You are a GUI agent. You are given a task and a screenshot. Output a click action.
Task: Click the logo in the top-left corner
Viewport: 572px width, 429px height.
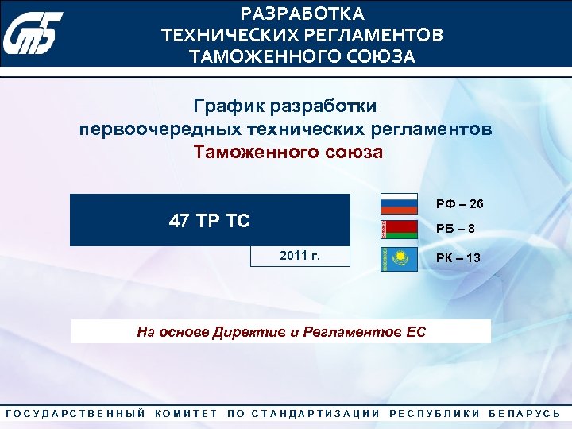[31, 34]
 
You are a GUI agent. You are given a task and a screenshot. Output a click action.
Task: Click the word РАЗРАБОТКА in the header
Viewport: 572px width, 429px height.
[303, 14]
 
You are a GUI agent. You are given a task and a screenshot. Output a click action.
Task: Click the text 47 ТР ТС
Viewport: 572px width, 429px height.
[210, 221]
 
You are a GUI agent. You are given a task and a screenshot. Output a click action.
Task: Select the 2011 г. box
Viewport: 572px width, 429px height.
[300, 255]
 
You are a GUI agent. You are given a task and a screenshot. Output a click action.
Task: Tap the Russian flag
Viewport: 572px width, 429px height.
[399, 204]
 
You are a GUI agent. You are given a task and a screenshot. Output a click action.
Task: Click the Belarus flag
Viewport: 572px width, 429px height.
[399, 230]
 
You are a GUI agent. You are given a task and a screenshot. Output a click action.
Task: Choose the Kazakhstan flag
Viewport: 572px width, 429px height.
[399, 258]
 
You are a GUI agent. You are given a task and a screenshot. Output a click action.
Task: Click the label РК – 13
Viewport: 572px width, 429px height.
[457, 257]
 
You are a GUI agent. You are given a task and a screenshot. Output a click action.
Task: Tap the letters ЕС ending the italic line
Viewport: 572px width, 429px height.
[415, 332]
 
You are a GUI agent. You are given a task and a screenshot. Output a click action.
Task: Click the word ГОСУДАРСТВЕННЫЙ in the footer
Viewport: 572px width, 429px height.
[76, 414]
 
